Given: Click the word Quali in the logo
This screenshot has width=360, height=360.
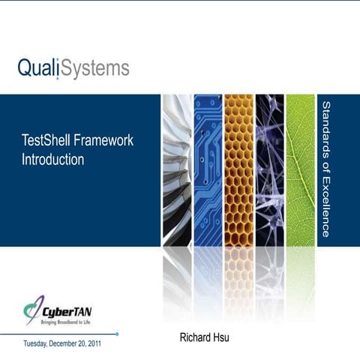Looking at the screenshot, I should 37,69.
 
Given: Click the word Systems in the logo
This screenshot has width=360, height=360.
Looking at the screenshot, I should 95,69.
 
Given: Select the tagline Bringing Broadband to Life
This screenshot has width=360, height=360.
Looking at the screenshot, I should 66,321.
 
